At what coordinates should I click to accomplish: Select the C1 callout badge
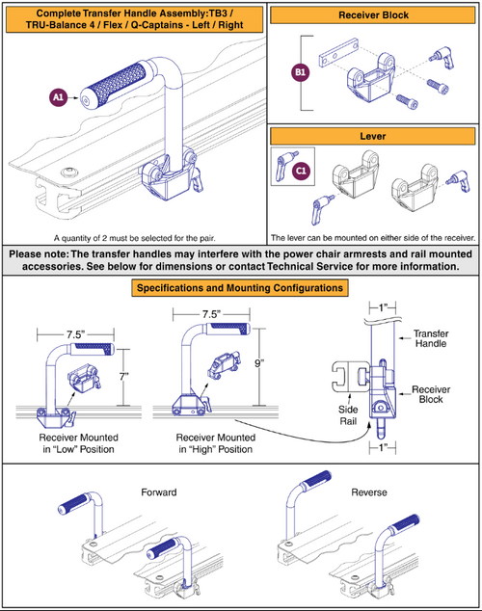coord(300,171)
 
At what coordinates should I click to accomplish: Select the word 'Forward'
coord(158,491)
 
